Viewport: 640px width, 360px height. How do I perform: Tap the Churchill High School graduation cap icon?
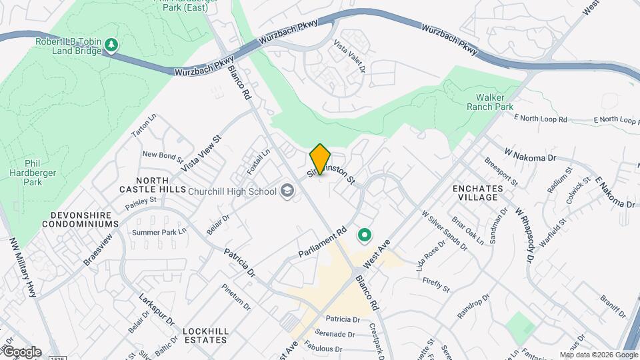click(x=287, y=191)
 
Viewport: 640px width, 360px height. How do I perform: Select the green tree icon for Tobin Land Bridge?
click(x=111, y=45)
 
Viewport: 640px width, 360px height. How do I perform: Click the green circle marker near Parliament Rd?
click(x=365, y=235)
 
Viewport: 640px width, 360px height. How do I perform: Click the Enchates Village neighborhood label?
click(x=476, y=193)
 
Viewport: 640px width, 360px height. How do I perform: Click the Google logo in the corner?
click(x=22, y=352)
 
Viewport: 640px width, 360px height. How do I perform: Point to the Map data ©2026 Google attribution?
click(x=598, y=355)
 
